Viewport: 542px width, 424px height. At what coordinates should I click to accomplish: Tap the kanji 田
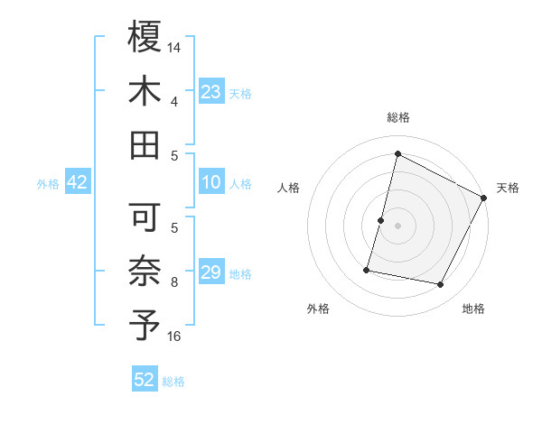pyautogui.click(x=145, y=144)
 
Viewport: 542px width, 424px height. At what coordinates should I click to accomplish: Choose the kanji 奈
pyautogui.click(x=145, y=272)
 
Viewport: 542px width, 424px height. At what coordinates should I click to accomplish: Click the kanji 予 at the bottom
pyautogui.click(x=145, y=325)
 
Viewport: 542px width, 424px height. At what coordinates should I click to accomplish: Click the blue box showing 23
pyautogui.click(x=210, y=91)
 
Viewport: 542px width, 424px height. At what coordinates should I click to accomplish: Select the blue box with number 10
pyautogui.click(x=210, y=182)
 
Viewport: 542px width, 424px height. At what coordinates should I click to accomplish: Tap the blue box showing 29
pyautogui.click(x=210, y=272)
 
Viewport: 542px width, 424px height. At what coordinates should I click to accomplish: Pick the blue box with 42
pyautogui.click(x=78, y=182)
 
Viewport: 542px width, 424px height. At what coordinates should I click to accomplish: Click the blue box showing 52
pyautogui.click(x=145, y=380)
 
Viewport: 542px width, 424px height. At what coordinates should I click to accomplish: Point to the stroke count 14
pyautogui.click(x=175, y=46)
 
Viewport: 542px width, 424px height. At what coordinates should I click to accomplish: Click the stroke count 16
pyautogui.click(x=175, y=336)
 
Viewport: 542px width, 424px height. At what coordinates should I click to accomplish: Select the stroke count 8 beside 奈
pyautogui.click(x=174, y=282)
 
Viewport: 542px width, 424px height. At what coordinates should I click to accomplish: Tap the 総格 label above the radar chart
pyautogui.click(x=397, y=117)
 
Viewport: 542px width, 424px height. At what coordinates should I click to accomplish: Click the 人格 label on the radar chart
pyautogui.click(x=289, y=188)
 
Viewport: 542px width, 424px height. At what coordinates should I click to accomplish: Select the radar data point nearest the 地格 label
pyautogui.click(x=441, y=285)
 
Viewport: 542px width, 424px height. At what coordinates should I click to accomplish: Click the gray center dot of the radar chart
pyautogui.click(x=397, y=225)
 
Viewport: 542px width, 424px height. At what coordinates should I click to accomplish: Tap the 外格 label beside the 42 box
pyautogui.click(x=48, y=183)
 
